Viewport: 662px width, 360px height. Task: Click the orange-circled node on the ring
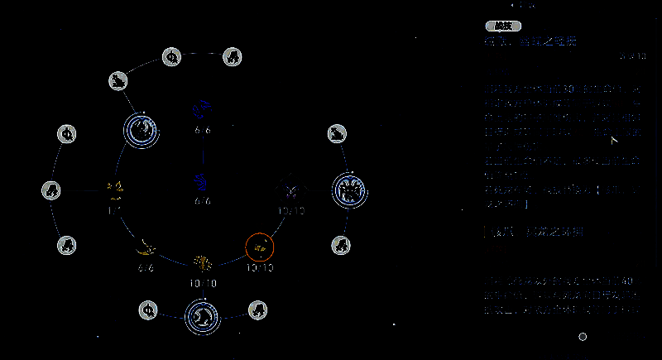point(260,246)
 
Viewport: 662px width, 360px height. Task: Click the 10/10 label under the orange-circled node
point(260,268)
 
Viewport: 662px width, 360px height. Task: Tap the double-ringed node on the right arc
point(348,190)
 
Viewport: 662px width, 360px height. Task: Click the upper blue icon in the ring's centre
point(202,109)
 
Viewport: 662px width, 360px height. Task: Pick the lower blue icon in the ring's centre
point(201,180)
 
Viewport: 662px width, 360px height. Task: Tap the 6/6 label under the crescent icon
point(146,268)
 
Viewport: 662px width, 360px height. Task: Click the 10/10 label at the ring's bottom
point(203,284)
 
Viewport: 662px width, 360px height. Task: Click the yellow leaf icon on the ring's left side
point(115,190)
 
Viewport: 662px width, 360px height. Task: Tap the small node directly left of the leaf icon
point(51,190)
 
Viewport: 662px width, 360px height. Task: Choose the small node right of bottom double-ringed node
point(257,310)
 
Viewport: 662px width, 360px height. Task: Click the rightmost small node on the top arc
point(233,57)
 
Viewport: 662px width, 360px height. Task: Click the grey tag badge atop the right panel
point(502,26)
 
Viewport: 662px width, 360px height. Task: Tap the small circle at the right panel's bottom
point(583,337)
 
